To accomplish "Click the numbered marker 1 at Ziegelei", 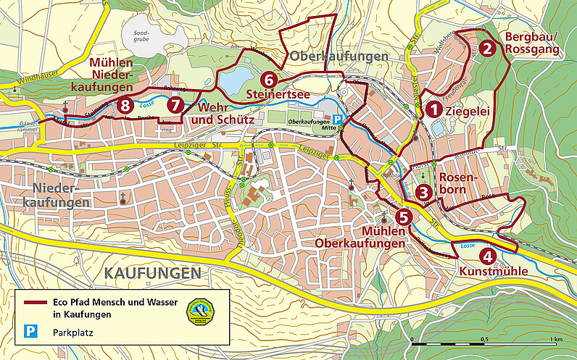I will [433, 110].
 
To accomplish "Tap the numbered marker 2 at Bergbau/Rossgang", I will [489, 49].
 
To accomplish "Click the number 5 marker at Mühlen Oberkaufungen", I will [404, 215].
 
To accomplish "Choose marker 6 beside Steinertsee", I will [268, 79].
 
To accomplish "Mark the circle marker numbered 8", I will [126, 105].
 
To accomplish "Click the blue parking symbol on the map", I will [336, 120].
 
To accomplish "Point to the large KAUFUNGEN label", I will [151, 273].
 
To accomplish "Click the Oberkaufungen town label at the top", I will [335, 56].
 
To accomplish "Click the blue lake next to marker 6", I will [233, 82].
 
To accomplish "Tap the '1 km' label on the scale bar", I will [556, 339].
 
